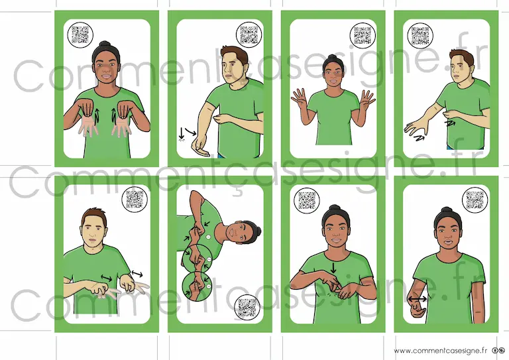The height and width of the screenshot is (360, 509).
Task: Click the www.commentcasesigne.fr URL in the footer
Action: (x=441, y=351)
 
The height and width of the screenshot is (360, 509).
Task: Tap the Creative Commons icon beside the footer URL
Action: (x=499, y=351)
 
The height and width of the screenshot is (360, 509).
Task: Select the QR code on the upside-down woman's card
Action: (x=247, y=307)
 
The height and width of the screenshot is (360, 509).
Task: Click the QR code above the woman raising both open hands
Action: (x=363, y=35)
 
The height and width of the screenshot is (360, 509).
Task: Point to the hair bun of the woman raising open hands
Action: (x=332, y=58)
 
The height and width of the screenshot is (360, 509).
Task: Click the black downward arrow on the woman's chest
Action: (x=333, y=268)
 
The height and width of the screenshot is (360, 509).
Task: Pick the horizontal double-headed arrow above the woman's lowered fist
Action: (x=418, y=298)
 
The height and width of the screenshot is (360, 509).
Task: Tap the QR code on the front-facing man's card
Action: (x=135, y=200)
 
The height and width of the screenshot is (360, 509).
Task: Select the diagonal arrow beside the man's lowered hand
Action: (x=191, y=131)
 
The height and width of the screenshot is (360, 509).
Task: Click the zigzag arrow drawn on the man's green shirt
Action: (x=450, y=123)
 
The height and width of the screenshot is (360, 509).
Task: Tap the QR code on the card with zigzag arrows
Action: (x=420, y=35)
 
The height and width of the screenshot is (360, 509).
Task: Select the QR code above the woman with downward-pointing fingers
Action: (x=80, y=35)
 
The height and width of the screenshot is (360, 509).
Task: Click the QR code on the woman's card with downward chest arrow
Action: (x=307, y=200)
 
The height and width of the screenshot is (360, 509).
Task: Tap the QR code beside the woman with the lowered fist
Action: (x=475, y=200)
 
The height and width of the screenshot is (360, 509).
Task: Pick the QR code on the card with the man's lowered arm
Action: (x=249, y=34)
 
